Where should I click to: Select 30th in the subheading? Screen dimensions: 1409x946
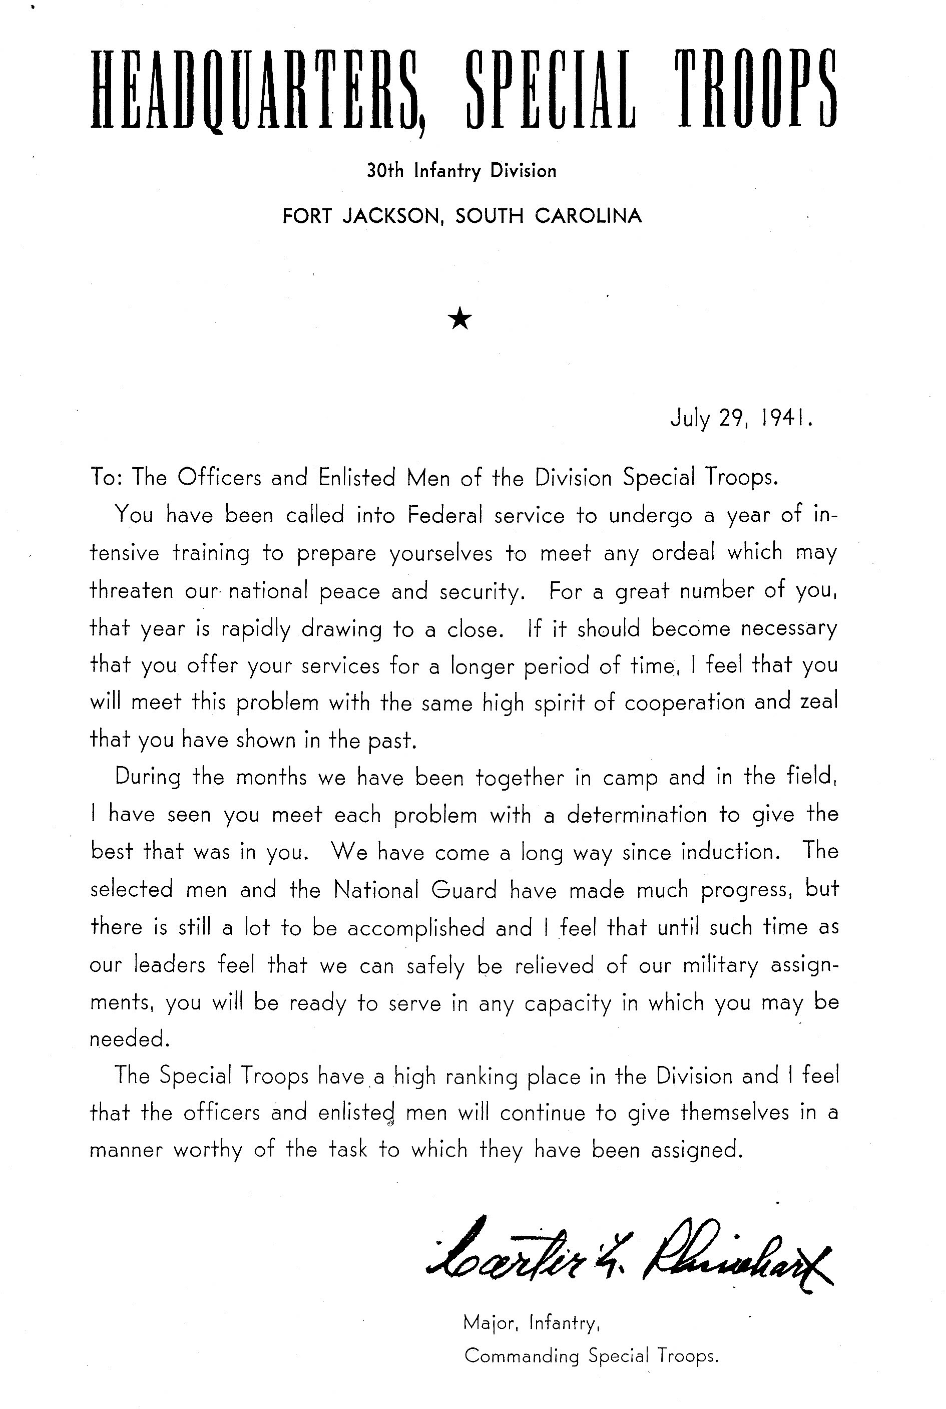point(385,171)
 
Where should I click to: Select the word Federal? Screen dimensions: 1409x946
point(443,515)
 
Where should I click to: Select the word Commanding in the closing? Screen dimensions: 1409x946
point(521,1356)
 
